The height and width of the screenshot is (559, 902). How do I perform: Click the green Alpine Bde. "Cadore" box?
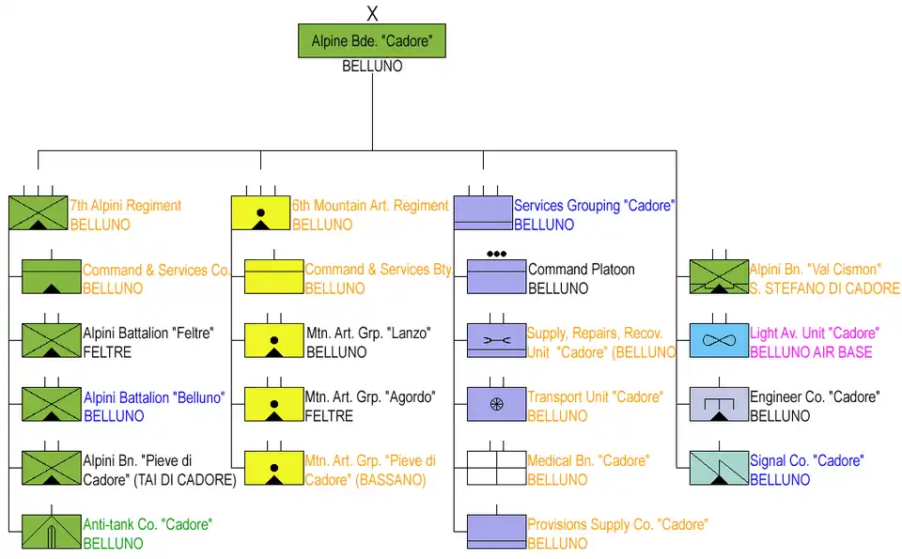tap(371, 42)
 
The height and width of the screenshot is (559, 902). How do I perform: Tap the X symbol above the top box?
tap(372, 13)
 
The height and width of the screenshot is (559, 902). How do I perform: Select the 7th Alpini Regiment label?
tap(126, 205)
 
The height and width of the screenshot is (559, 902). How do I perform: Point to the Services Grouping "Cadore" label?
tap(594, 205)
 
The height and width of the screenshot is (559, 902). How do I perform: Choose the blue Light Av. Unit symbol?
tap(719, 340)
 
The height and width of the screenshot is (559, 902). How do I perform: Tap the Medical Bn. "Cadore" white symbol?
tap(496, 467)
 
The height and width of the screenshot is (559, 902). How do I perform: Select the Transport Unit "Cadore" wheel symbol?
tap(496, 404)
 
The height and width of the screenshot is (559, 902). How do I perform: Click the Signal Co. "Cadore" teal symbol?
tap(719, 468)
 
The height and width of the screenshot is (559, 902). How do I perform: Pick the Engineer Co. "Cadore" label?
tap(814, 397)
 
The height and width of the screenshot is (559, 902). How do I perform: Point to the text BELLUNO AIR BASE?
tap(810, 352)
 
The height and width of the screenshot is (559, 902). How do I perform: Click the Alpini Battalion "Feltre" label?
tap(148, 334)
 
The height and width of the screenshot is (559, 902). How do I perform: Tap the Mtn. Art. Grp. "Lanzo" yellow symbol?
tap(273, 340)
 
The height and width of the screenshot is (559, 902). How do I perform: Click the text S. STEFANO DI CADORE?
tap(824, 288)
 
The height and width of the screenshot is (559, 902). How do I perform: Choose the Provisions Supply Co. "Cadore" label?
tap(616, 524)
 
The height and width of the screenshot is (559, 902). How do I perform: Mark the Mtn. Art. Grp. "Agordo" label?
tap(371, 397)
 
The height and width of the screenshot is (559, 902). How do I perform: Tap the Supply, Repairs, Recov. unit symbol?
tap(496, 340)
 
